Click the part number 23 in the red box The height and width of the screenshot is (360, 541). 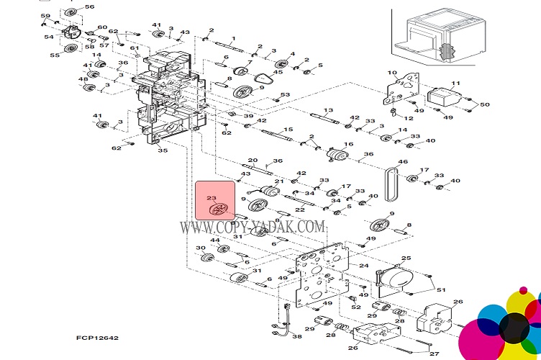(211, 197)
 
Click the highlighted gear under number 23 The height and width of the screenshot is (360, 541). (216, 210)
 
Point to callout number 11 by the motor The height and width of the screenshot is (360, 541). (455, 84)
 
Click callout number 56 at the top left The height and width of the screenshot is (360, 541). (89, 7)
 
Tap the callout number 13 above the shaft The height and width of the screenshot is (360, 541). (328, 110)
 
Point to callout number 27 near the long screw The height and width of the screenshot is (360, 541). (434, 354)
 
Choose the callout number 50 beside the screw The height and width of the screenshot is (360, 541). (484, 105)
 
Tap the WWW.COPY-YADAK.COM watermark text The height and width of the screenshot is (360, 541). (252, 226)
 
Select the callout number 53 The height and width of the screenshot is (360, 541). (285, 95)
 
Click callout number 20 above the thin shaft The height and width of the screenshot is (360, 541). (253, 160)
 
